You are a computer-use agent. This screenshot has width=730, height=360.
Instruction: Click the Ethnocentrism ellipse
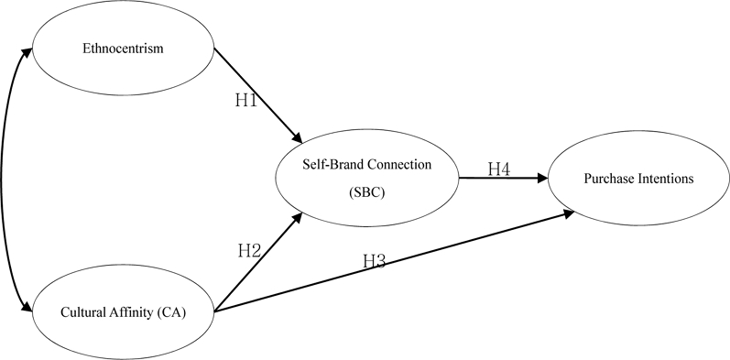tap(124, 49)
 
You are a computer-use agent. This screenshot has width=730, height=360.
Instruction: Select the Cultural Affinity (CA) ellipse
tap(122, 313)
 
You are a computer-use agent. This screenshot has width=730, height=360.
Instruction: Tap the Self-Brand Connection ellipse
tap(368, 178)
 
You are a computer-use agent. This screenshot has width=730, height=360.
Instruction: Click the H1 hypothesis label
tap(245, 100)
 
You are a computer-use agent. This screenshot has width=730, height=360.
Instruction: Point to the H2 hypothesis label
tap(249, 250)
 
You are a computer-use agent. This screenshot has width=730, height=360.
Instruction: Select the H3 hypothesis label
tap(374, 260)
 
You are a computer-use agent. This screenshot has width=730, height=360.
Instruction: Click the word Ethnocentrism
tap(124, 49)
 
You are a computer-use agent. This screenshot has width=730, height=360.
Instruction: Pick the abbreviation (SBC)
tap(367, 193)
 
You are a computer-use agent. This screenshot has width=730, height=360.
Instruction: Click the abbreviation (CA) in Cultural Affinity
tap(170, 314)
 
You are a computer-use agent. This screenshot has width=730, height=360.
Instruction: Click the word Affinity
tap(130, 314)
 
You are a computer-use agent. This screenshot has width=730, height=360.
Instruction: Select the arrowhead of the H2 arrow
tap(299, 216)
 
